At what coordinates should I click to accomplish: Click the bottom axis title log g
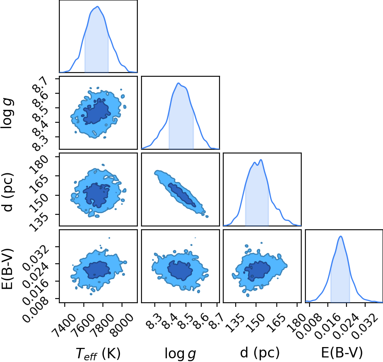(x=181, y=353)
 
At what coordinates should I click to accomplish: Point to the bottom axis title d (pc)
(x=260, y=353)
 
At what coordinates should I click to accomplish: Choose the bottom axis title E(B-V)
(x=342, y=353)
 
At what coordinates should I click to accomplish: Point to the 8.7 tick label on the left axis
(x=40, y=86)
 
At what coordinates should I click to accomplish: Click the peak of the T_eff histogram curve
(x=98, y=6)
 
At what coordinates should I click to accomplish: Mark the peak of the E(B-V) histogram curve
(x=341, y=236)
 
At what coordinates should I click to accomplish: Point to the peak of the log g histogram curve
(x=178, y=83)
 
